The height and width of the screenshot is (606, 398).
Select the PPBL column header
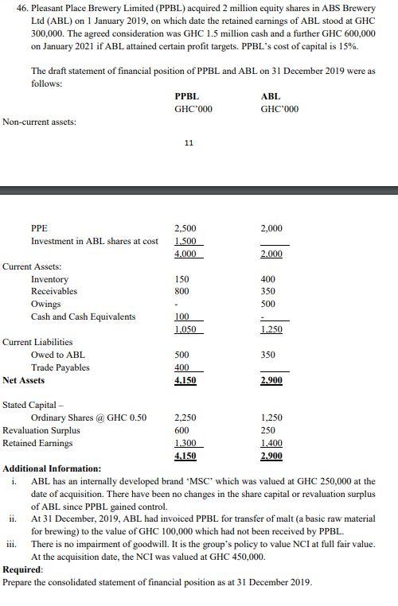[x=186, y=96]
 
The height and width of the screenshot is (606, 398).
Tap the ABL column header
[x=271, y=96]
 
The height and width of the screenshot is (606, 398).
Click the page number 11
[x=188, y=143]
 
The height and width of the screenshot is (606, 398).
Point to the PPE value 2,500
[x=185, y=228]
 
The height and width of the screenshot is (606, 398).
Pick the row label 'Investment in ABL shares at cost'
[x=94, y=241]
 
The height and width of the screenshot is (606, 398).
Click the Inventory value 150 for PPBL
[x=182, y=279]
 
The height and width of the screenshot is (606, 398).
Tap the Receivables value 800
[x=182, y=292]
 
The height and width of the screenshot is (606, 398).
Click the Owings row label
[x=45, y=305]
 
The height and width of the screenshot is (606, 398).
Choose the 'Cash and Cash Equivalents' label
[x=83, y=317]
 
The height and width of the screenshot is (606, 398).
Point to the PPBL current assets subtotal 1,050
[x=185, y=329]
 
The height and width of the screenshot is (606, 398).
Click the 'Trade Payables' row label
[x=60, y=367]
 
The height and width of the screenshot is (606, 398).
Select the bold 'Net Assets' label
[x=24, y=380]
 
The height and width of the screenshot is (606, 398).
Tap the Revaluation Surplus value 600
[x=182, y=430]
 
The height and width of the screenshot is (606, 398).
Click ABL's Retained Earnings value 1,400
[x=271, y=443]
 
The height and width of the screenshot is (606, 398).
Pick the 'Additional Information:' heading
[x=52, y=469]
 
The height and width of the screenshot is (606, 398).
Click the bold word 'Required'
[x=22, y=570]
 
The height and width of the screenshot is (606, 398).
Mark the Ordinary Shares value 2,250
[x=185, y=418]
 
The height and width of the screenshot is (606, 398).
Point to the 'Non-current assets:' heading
[x=40, y=122]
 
